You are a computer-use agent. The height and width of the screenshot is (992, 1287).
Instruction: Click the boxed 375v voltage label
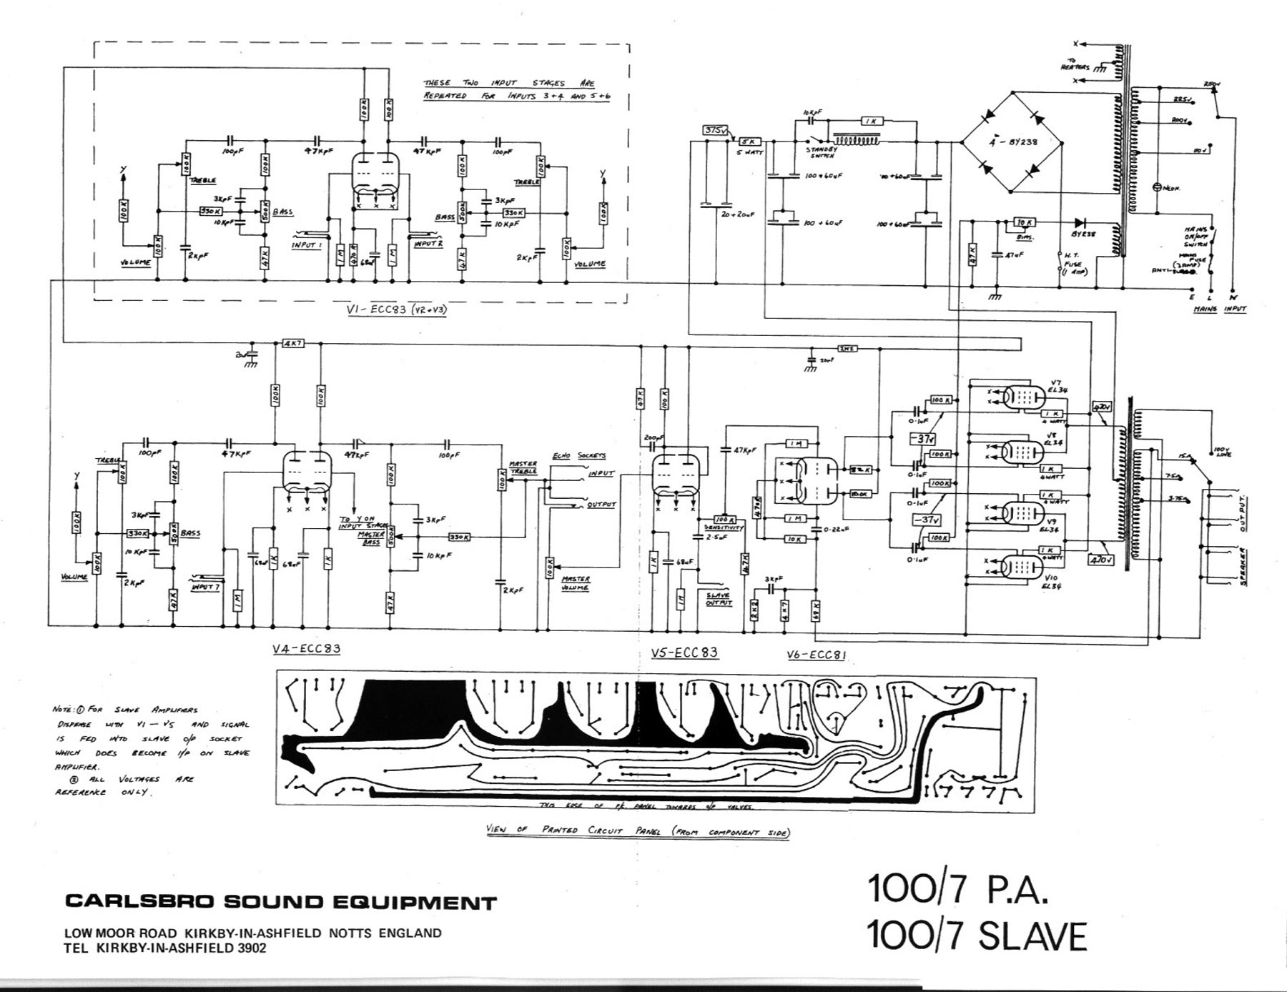point(714,130)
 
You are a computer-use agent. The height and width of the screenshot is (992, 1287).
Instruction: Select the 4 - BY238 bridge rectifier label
point(1013,142)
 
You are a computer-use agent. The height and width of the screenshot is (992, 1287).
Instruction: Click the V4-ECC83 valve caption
point(306,650)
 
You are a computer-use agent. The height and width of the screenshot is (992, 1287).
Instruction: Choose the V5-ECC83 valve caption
point(684,653)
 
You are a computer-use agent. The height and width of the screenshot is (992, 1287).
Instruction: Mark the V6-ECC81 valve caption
point(816,655)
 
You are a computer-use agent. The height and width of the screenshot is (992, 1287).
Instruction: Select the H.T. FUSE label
point(1072,264)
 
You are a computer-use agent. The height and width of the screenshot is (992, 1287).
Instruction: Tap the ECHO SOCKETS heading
point(578,456)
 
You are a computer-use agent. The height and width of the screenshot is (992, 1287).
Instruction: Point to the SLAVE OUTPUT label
point(718,599)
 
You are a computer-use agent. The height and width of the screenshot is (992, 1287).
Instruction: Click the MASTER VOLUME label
point(576,583)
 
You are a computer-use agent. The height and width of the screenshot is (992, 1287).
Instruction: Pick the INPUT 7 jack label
point(205,587)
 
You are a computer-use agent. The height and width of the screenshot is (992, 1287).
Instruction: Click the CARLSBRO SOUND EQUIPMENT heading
point(280,902)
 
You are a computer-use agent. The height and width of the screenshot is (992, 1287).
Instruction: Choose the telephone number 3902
point(251,948)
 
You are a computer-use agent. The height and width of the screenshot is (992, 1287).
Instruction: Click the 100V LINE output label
point(1221,452)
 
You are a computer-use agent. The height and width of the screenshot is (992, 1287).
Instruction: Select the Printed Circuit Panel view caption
point(638,831)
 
